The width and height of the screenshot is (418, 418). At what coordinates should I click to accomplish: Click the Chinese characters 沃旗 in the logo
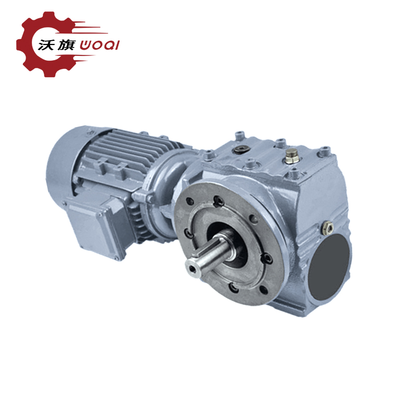click(57, 45)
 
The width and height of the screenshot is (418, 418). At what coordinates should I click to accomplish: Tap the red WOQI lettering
click(99, 45)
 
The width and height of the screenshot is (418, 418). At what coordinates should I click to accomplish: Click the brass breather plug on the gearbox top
click(292, 156)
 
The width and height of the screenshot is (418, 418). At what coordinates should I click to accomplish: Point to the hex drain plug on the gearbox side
click(328, 228)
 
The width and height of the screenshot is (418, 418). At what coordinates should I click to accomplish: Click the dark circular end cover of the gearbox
click(330, 268)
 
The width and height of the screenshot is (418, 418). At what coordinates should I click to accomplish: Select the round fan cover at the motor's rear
click(63, 166)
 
